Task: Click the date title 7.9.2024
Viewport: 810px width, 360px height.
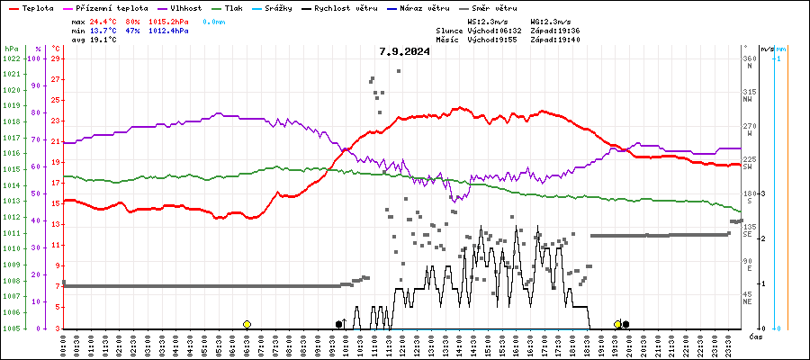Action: (x=404, y=51)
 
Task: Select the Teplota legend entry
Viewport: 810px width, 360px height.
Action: (x=37, y=7)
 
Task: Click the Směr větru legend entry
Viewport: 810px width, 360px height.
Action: (x=493, y=7)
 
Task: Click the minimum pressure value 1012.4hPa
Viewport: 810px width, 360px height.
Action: (x=169, y=30)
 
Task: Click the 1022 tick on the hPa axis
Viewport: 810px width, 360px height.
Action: (x=11, y=58)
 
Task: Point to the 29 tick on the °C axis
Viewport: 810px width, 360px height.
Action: (x=56, y=58)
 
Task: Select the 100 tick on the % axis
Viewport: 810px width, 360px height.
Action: (x=36, y=58)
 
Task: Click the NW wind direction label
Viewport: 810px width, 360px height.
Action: (x=748, y=100)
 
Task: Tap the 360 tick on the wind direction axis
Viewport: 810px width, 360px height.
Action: (x=749, y=58)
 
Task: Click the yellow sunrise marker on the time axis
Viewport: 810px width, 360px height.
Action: (x=247, y=324)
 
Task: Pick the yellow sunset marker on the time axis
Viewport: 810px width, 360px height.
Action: (x=617, y=324)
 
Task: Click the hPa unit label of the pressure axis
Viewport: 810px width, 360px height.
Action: (x=11, y=48)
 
